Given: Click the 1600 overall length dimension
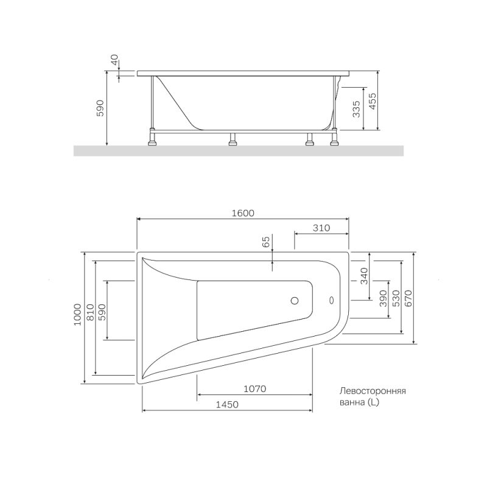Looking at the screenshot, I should tap(242, 213).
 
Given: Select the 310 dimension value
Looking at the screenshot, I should tap(321, 228).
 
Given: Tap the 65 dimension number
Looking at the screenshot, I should tap(266, 242).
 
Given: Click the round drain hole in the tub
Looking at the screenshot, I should tap(295, 300).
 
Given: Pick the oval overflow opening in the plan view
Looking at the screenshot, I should tap(331, 300).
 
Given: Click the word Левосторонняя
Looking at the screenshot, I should tap(373, 392).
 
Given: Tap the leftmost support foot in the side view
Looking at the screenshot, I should tap(152, 144).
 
